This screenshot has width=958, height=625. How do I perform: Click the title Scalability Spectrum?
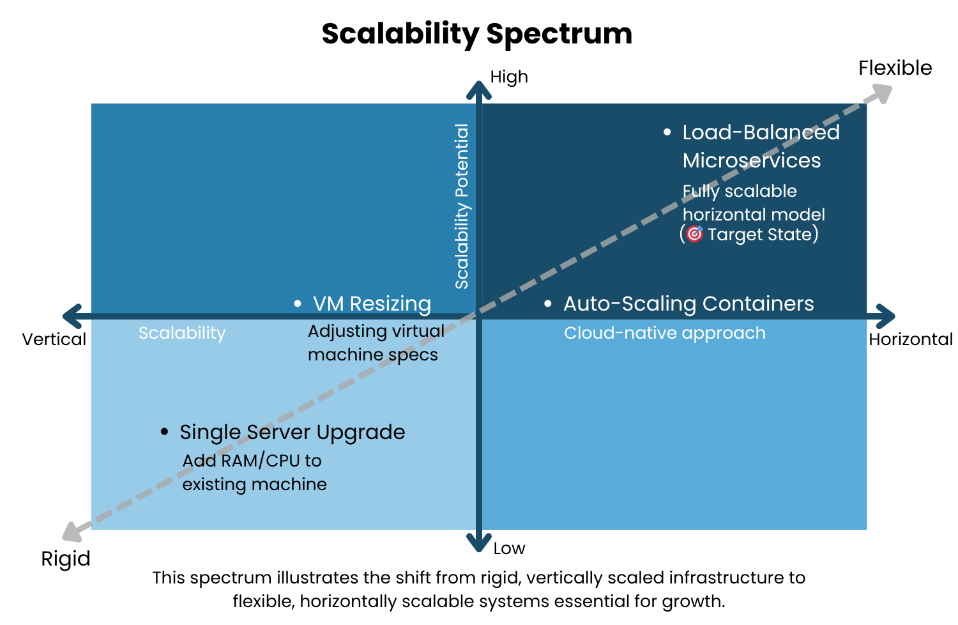pyautogui.click(x=476, y=33)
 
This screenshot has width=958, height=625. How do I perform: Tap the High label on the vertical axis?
pyautogui.click(x=509, y=77)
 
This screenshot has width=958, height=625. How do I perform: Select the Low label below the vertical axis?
pyautogui.click(x=509, y=548)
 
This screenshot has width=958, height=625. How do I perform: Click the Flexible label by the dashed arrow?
pyautogui.click(x=895, y=68)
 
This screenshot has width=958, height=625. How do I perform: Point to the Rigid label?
pyautogui.click(x=66, y=559)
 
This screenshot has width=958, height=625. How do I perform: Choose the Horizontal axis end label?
pyautogui.click(x=910, y=339)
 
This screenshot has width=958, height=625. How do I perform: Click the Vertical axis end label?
pyautogui.click(x=54, y=339)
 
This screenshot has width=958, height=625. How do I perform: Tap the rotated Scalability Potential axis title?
pyautogui.click(x=462, y=206)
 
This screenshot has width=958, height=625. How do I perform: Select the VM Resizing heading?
pyautogui.click(x=372, y=304)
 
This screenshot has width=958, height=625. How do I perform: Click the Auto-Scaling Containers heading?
pyautogui.click(x=688, y=304)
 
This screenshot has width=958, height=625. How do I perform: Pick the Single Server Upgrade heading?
pyautogui.click(x=293, y=432)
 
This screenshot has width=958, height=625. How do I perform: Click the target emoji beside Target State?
pyautogui.click(x=695, y=234)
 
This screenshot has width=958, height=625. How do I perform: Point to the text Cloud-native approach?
pyautogui.click(x=664, y=333)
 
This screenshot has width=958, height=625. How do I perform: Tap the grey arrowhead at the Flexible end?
pyautogui.click(x=882, y=93)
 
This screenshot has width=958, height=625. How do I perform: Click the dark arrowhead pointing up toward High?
pyautogui.click(x=479, y=90)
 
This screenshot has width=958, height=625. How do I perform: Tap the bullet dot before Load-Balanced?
pyautogui.click(x=667, y=132)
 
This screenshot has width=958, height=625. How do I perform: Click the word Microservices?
pyautogui.click(x=752, y=160)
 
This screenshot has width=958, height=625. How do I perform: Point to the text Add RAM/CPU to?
pyautogui.click(x=252, y=461)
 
